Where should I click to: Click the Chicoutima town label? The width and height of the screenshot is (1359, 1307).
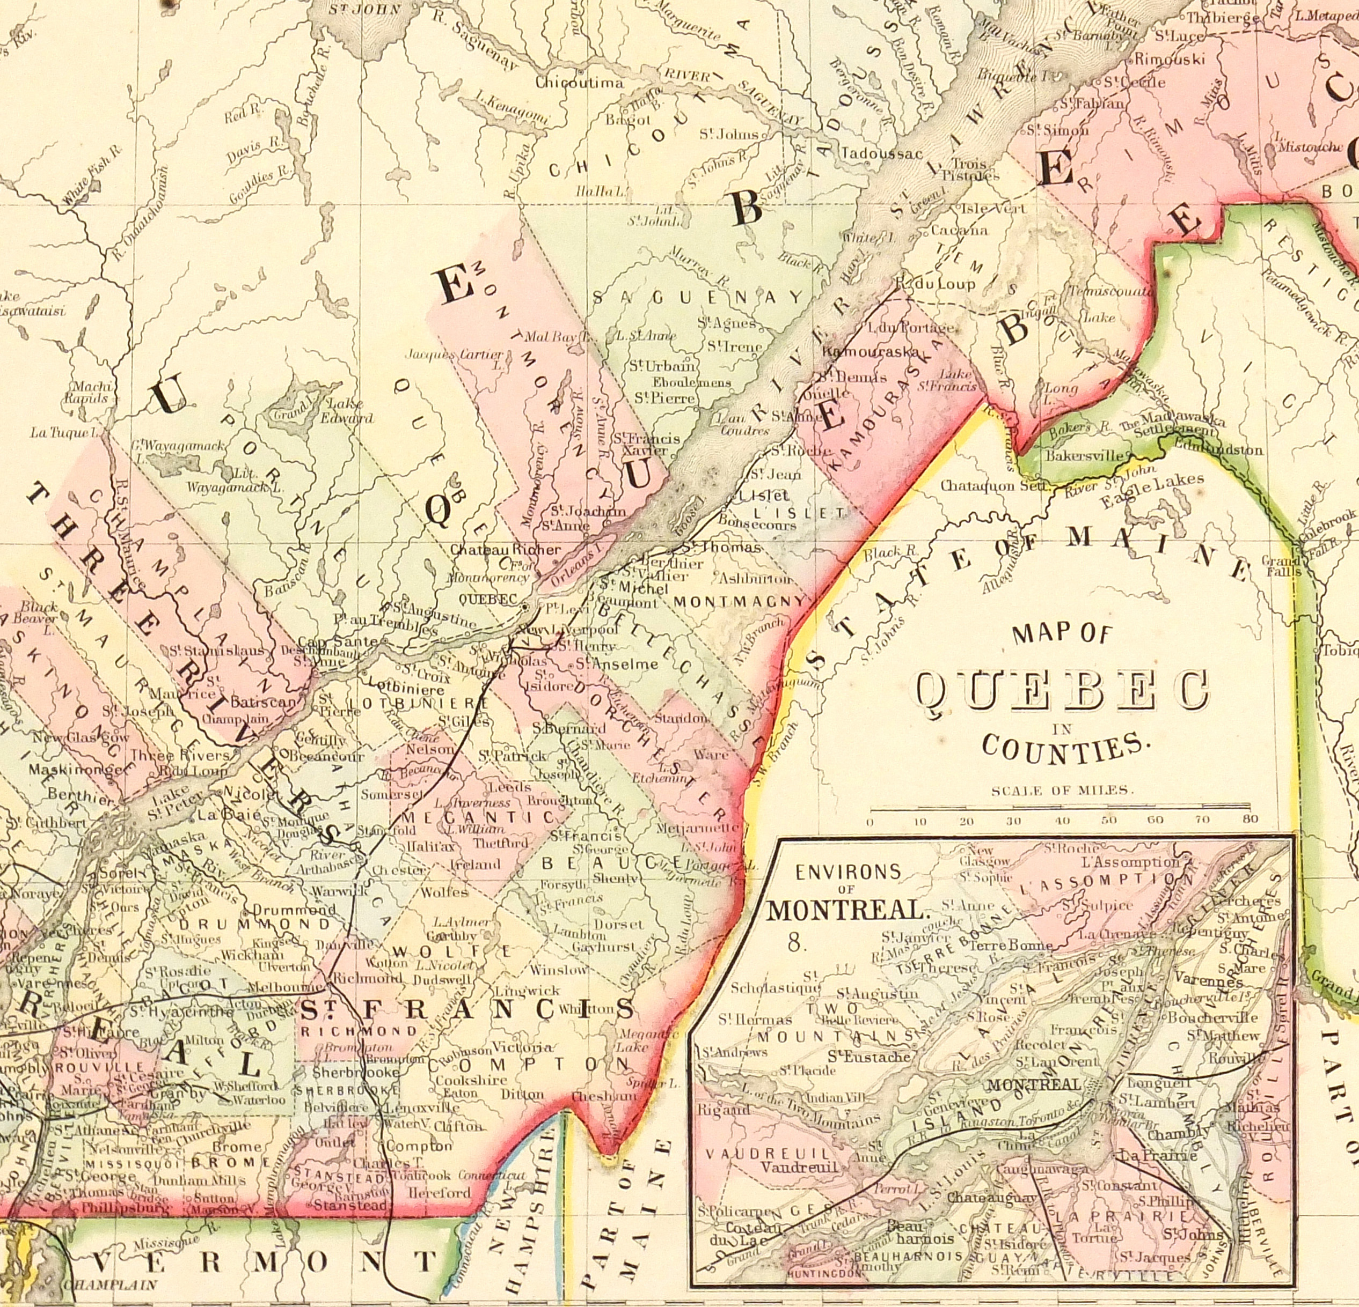point(579,83)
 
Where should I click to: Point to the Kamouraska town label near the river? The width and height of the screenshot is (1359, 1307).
point(860,351)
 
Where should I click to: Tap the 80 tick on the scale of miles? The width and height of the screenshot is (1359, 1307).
point(1250,820)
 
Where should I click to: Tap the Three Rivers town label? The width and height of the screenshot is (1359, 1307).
point(180,755)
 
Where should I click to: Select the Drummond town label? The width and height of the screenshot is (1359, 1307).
point(294,909)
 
